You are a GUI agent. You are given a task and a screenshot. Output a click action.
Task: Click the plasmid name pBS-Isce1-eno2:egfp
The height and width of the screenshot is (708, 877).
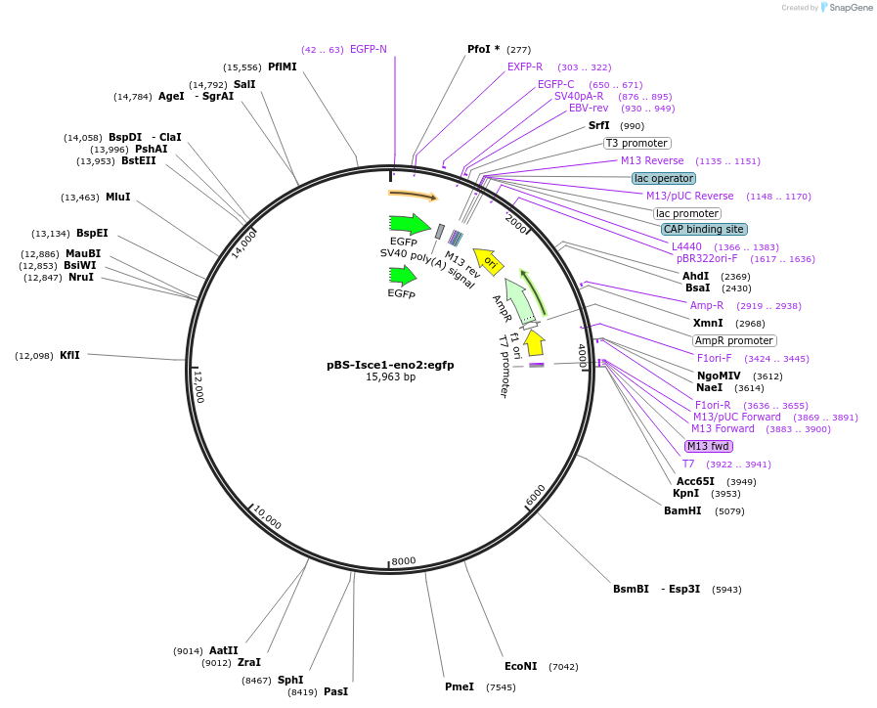390,364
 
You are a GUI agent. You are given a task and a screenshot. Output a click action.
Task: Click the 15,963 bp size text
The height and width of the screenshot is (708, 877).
390,376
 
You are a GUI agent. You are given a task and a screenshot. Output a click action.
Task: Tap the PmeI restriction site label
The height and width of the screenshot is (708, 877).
459,686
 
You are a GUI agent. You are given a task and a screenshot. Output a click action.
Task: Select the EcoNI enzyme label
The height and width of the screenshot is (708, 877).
520,666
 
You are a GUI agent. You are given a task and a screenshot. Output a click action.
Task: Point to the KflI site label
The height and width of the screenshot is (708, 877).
69,355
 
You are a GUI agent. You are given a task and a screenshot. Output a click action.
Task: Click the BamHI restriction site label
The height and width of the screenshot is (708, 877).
682,510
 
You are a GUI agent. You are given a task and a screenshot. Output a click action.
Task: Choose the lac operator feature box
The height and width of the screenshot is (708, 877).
664,178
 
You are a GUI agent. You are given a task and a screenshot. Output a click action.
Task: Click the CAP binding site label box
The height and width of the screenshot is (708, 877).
704,229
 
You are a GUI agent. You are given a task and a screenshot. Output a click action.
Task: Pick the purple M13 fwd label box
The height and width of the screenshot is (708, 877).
709,446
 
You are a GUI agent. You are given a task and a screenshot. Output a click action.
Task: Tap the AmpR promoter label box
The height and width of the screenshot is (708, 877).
734,340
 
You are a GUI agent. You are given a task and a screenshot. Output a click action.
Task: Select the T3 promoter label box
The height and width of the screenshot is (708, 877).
637,143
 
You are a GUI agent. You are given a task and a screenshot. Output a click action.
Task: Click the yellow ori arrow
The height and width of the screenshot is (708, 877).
490,261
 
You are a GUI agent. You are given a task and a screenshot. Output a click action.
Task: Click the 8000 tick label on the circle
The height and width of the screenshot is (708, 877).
403,560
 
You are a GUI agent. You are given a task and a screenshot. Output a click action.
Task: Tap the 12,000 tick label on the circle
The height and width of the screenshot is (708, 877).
198,386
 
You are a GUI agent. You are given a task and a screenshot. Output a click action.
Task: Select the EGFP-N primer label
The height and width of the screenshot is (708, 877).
368,49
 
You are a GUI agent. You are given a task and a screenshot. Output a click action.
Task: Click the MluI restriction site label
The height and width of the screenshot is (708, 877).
117,197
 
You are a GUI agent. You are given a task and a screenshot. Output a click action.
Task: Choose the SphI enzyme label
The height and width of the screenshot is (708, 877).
290,680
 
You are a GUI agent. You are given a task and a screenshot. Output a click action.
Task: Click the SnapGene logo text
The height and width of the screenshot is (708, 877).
849,8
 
